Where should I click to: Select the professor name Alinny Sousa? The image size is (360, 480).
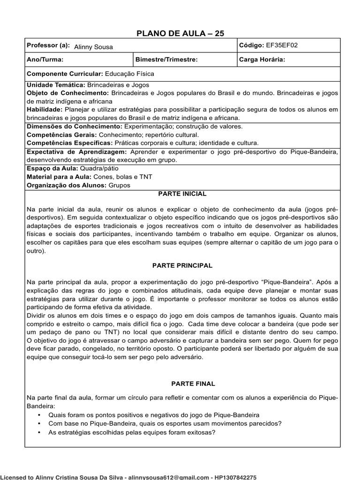(x=93, y=47)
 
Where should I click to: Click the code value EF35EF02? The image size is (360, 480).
(x=282, y=45)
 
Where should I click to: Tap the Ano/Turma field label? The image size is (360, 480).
(x=45, y=60)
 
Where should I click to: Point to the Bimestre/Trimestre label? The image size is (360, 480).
(x=166, y=60)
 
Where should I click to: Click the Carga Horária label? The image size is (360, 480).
(x=262, y=60)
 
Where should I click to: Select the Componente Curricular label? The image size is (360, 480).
(x=65, y=74)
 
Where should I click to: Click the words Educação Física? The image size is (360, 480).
(x=129, y=74)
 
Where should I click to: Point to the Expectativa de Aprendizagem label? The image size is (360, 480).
(x=76, y=152)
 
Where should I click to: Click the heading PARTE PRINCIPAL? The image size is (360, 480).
(x=182, y=265)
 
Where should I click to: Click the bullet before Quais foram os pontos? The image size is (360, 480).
(x=38, y=415)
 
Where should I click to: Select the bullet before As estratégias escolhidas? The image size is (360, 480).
(x=38, y=432)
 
